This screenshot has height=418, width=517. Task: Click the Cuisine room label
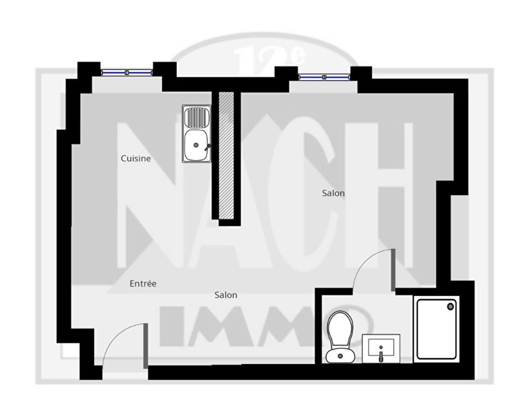click(x=136, y=158)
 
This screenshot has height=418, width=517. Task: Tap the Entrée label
click(x=143, y=283)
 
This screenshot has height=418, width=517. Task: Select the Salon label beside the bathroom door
click(x=333, y=193)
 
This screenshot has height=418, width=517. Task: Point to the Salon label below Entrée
click(x=226, y=295)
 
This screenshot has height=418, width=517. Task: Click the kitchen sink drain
click(x=196, y=145)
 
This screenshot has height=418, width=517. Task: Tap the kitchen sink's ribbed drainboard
click(x=196, y=118)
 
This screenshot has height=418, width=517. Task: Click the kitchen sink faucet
click(x=208, y=147)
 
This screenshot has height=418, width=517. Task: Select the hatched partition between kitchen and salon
click(x=226, y=155)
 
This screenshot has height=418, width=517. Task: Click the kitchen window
click(x=126, y=72)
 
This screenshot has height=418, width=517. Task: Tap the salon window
click(x=324, y=77)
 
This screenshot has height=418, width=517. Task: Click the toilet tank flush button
click(x=340, y=356)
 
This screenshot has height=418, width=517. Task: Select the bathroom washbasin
click(x=381, y=349)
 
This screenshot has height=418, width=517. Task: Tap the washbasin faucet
click(x=381, y=356)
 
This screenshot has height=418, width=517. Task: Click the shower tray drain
click(x=450, y=307)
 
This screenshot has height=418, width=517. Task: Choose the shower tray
click(x=437, y=329)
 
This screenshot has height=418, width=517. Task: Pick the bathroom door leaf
click(x=393, y=270)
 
